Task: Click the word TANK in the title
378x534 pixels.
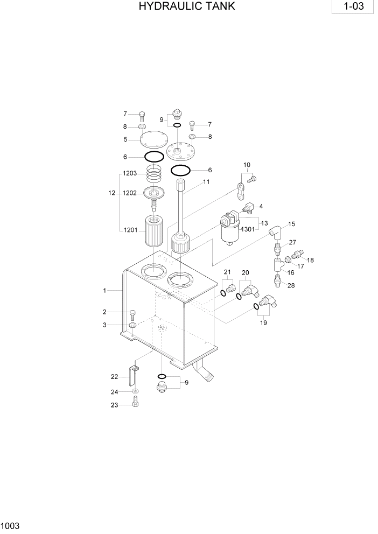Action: (218, 7)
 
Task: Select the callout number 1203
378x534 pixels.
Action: (129, 173)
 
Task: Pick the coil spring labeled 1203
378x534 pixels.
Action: (155, 174)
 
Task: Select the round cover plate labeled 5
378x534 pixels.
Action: (153, 140)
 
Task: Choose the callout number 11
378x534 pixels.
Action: (206, 182)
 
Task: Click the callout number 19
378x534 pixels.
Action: (263, 323)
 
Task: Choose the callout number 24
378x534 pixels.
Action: (114, 391)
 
